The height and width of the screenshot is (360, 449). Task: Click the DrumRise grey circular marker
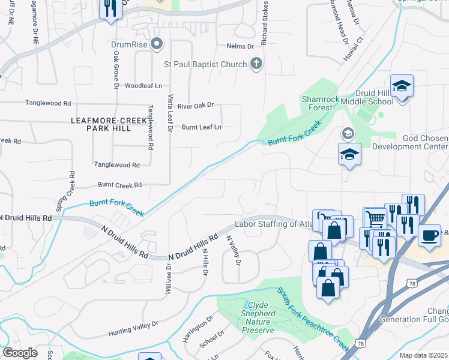tap(157, 44)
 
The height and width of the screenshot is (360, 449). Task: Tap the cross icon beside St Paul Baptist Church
tap(256, 64)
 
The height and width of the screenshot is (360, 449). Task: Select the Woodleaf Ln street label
tap(143, 86)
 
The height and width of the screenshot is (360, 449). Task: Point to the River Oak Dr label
tap(195, 106)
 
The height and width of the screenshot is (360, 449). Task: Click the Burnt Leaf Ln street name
tap(201, 127)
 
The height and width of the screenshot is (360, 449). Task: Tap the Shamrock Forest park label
tap(316, 103)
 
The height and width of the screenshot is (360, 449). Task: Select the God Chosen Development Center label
tap(410, 142)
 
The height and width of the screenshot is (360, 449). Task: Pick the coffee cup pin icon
tap(429, 235)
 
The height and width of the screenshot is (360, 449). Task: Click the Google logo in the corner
tap(20, 353)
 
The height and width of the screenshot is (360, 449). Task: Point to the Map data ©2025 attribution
tap(423, 355)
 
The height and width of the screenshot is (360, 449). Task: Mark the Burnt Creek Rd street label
tap(120, 185)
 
